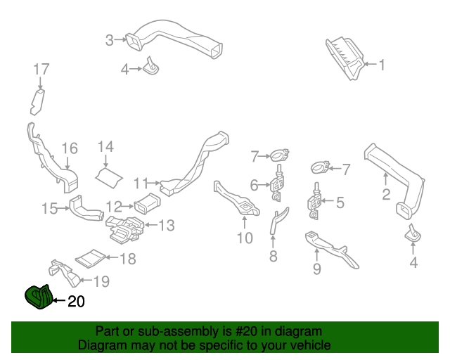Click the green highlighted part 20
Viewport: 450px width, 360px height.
click(38, 297)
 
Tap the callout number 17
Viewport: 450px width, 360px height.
click(41, 69)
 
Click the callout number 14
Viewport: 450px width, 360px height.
click(105, 146)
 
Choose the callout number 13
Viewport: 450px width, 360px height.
click(167, 226)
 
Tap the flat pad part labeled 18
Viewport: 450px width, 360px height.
click(90, 259)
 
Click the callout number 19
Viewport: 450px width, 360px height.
click(101, 282)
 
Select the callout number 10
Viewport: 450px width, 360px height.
click(244, 238)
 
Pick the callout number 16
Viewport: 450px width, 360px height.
click(69, 148)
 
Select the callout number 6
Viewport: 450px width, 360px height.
click(255, 185)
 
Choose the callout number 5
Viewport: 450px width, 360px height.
click(340, 203)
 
